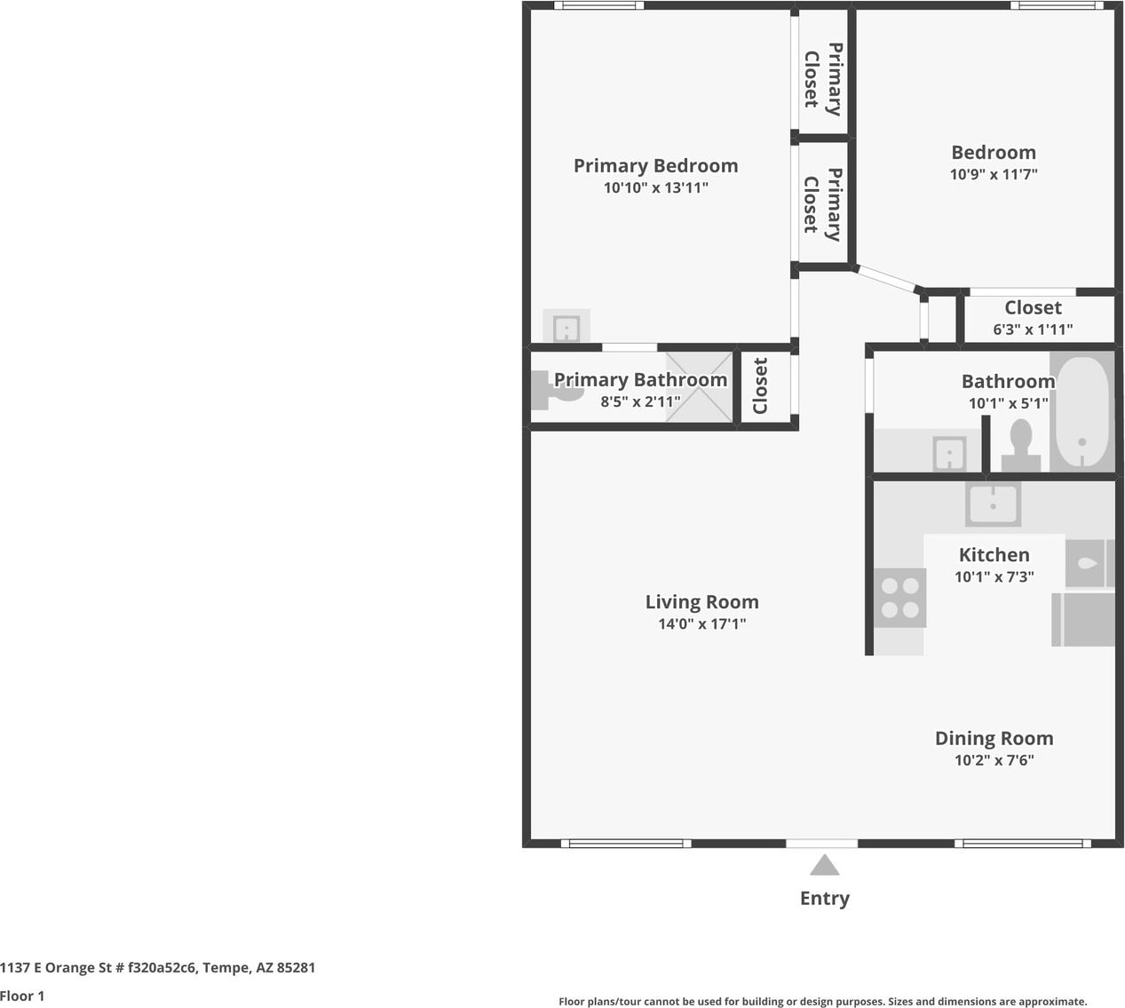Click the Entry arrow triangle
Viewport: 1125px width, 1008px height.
(x=824, y=865)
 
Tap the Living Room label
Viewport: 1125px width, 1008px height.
(x=701, y=602)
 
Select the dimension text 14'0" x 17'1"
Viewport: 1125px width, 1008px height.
(x=701, y=623)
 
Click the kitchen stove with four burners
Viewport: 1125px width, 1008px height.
(x=899, y=598)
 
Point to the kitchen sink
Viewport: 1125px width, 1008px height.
(x=993, y=504)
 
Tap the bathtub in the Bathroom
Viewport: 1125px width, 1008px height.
(x=1081, y=411)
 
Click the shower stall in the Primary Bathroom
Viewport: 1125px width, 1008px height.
(x=699, y=387)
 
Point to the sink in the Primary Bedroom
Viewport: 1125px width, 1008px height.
(x=566, y=328)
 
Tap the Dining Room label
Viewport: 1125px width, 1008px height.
(x=994, y=738)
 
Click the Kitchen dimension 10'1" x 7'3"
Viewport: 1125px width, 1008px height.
(x=994, y=577)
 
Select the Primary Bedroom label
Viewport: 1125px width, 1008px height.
(x=656, y=166)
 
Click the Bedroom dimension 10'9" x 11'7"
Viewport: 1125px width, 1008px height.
(x=994, y=174)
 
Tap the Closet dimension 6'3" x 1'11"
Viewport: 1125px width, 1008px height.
(x=1033, y=329)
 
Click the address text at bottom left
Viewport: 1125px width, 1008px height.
(x=158, y=967)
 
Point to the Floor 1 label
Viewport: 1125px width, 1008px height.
(x=22, y=996)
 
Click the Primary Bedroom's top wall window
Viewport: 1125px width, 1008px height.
(x=599, y=5)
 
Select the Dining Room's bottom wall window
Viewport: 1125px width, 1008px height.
(x=1023, y=844)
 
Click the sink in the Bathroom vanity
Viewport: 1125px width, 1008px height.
(x=949, y=454)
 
